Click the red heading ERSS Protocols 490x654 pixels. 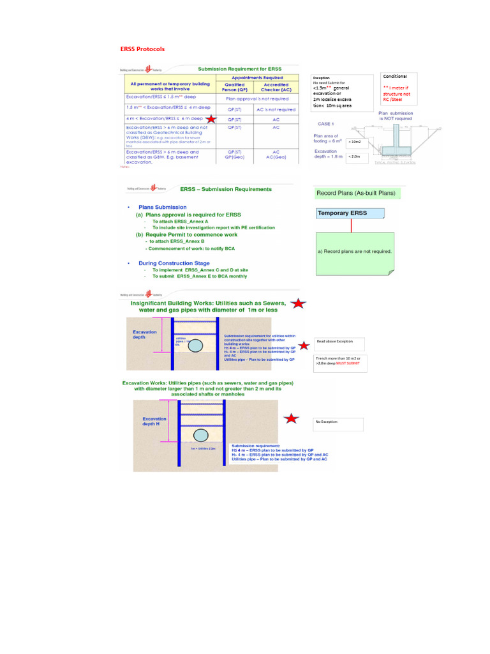tap(142, 49)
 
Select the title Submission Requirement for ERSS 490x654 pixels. tap(239, 69)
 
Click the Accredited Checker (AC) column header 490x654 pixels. tap(276, 87)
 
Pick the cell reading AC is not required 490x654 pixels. tap(276, 109)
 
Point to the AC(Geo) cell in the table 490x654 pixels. tap(276, 158)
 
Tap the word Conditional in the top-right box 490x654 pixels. tap(394, 77)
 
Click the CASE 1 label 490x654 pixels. tap(326, 124)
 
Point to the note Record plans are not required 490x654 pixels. tap(354, 251)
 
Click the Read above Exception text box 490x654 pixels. tap(339, 342)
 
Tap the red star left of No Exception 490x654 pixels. tap(292, 419)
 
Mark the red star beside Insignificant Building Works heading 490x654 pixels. tap(297, 304)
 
